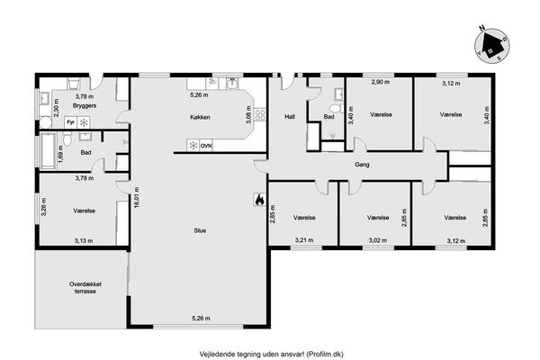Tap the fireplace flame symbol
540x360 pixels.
[x=259, y=200]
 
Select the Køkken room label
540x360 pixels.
[x=200, y=117]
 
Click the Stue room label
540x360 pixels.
[x=200, y=230]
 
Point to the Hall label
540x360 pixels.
[x=290, y=117]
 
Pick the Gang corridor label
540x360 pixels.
[x=362, y=165]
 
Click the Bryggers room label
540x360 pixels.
[x=85, y=105]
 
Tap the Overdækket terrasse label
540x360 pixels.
[x=85, y=288]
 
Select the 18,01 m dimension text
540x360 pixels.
[x=137, y=197]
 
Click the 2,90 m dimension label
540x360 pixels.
[x=381, y=82]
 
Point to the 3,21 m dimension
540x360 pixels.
[x=304, y=240]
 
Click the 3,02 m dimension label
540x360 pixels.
[x=378, y=240]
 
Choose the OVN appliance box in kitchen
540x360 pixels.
[x=206, y=146]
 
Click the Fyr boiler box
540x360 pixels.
[x=70, y=122]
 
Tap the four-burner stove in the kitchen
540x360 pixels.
[x=260, y=114]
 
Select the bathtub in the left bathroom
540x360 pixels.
[x=48, y=150]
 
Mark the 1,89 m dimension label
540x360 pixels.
[x=60, y=153]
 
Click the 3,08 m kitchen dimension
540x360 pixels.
[x=250, y=114]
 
